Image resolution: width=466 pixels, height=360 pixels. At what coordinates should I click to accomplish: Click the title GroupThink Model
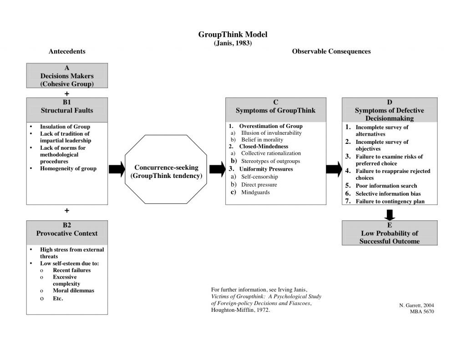point(233,35)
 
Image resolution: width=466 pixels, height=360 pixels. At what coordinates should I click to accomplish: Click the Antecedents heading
point(67,51)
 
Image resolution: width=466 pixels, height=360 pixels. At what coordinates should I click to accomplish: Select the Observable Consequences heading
point(331,51)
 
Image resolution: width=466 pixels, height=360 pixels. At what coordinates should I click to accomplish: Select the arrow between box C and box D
point(334,169)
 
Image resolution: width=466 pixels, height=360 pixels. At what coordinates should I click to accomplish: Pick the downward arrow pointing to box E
point(390,214)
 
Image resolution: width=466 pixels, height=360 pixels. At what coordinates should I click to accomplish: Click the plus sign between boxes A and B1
point(67,93)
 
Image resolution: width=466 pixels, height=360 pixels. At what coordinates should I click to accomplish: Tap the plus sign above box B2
point(67,211)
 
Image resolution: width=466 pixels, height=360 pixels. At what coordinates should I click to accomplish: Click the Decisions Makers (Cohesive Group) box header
point(67,76)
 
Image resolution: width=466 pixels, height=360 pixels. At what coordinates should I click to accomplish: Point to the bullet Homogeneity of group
point(68,168)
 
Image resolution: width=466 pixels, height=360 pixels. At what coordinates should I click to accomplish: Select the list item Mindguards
point(255,193)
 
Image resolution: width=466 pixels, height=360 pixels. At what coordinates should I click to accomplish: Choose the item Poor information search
point(386,186)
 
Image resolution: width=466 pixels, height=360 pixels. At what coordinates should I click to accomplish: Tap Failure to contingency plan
point(390,201)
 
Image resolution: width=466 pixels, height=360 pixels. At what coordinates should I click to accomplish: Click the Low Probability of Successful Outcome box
point(390,233)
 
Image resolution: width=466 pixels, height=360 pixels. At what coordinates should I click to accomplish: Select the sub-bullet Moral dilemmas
point(73,290)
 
